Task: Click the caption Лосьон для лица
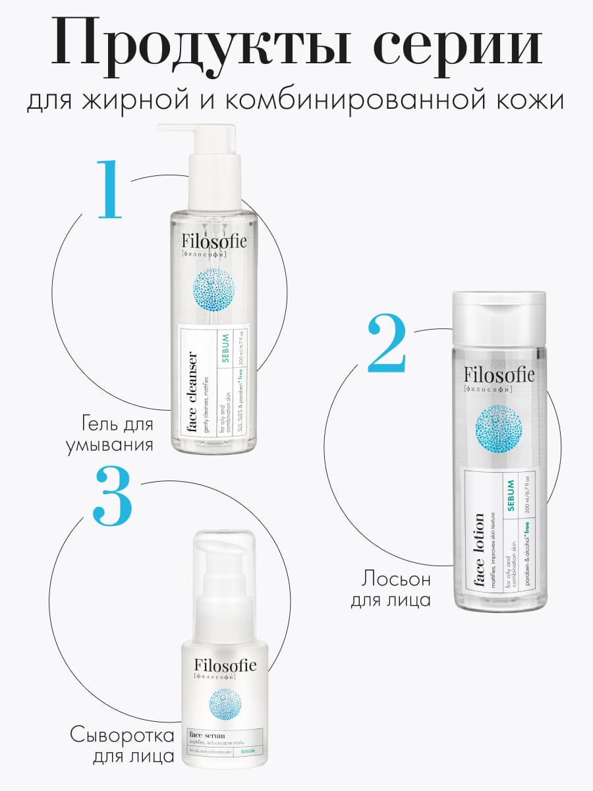click(395, 589)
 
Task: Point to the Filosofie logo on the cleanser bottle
click(214, 241)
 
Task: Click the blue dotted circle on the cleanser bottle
click(214, 291)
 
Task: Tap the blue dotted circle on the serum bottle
click(225, 706)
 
